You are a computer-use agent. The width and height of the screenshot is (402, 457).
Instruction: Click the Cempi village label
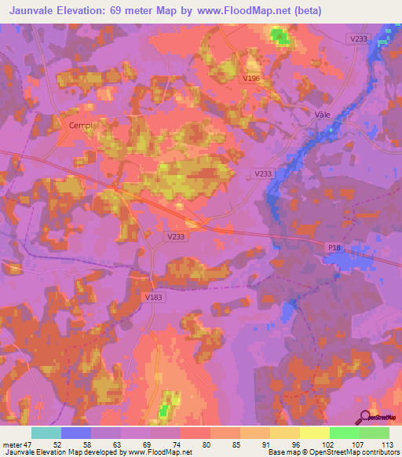(81, 125)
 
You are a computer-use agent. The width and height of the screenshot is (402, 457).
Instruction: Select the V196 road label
(251, 79)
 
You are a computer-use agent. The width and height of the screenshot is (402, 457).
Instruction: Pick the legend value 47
(29, 445)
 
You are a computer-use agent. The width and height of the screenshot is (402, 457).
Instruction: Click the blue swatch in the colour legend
(76, 433)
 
